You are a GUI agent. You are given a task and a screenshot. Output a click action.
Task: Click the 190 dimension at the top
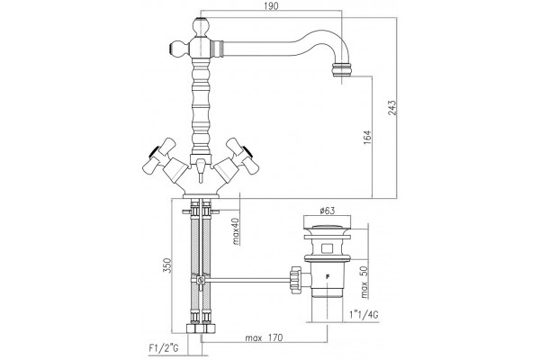tap(272, 6)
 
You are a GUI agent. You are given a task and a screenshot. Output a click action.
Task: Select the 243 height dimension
tap(392, 107)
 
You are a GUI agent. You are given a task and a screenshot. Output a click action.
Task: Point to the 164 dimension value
tap(367, 137)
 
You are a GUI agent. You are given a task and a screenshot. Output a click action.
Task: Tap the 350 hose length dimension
tap(166, 265)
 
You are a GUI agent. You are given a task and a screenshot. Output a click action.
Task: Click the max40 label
tap(236, 231)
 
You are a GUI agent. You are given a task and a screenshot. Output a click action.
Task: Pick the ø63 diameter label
tap(327, 211)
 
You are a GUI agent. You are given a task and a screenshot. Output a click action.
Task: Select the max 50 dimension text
tap(364, 283)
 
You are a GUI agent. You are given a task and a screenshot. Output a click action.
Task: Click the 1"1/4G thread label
tap(364, 314)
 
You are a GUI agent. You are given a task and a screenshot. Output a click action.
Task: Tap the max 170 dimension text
tap(264, 337)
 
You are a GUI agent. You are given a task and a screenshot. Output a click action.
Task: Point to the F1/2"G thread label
tap(164, 348)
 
